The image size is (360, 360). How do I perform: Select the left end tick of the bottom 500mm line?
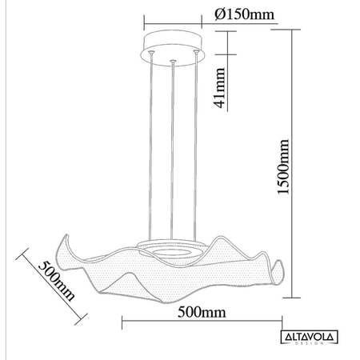pyautogui.click(x=121, y=322)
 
